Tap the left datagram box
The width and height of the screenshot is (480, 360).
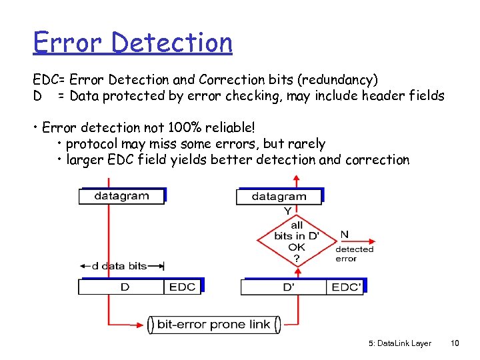(x=121, y=195)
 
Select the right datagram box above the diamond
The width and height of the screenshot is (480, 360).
(x=279, y=196)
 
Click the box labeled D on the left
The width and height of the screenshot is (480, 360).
(x=121, y=287)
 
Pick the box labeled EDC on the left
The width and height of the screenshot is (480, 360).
(x=182, y=287)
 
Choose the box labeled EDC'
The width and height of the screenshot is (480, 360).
(x=345, y=287)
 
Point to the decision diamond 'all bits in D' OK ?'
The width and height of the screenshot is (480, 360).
(x=297, y=241)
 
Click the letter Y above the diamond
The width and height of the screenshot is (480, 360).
(x=287, y=211)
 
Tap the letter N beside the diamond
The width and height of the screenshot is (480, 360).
(x=345, y=234)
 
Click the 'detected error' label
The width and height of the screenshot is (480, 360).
(x=354, y=254)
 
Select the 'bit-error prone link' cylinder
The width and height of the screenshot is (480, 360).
(x=213, y=325)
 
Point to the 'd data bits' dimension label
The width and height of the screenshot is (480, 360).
(x=119, y=266)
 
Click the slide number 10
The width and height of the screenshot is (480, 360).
(x=455, y=343)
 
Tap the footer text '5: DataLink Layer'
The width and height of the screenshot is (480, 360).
(x=399, y=343)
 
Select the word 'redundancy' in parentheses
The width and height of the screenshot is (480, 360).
(x=338, y=80)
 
